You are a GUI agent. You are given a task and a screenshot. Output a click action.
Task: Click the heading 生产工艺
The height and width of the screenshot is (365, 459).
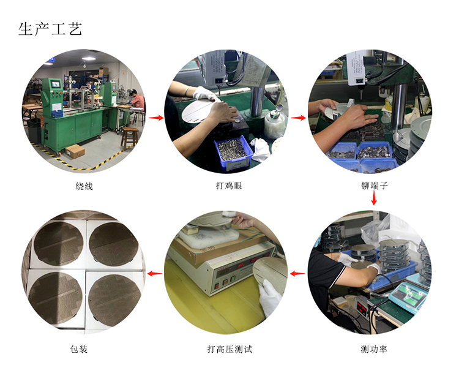pyautogui.click(x=50, y=29)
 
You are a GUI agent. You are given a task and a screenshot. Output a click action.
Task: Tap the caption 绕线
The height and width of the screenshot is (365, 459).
pyautogui.click(x=84, y=186)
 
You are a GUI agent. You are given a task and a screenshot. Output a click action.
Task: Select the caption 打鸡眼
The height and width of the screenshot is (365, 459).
pyautogui.click(x=229, y=186)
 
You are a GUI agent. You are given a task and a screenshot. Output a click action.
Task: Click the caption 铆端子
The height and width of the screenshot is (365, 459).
pyautogui.click(x=375, y=186)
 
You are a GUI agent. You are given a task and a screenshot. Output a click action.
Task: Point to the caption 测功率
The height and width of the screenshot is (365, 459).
pyautogui.click(x=374, y=349)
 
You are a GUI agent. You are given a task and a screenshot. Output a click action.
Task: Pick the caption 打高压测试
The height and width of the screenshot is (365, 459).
pyautogui.click(x=229, y=349)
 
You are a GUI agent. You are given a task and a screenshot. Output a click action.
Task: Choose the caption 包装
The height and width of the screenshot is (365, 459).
pyautogui.click(x=79, y=349)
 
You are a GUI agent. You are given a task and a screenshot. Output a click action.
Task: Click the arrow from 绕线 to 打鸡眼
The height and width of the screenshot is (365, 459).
pyautogui.click(x=156, y=118)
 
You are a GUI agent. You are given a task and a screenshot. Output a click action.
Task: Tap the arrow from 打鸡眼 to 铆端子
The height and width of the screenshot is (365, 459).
pyautogui.click(x=298, y=118)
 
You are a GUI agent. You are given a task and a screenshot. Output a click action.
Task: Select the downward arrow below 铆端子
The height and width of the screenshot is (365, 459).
pyautogui.click(x=374, y=198)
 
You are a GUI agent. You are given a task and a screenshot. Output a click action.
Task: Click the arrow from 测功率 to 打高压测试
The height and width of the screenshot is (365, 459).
pyautogui.click(x=297, y=274)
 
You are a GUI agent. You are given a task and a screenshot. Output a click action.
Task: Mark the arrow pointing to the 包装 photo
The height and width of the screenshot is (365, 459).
pyautogui.click(x=155, y=274)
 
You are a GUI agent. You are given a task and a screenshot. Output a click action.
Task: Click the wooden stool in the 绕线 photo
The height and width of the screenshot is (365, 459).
pyautogui.click(x=129, y=138)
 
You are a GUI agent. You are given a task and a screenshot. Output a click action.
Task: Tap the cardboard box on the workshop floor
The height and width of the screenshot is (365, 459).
pyautogui.click(x=75, y=151)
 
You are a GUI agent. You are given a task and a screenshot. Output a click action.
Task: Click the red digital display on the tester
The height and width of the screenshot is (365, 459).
pyautogui.click(x=248, y=264)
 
